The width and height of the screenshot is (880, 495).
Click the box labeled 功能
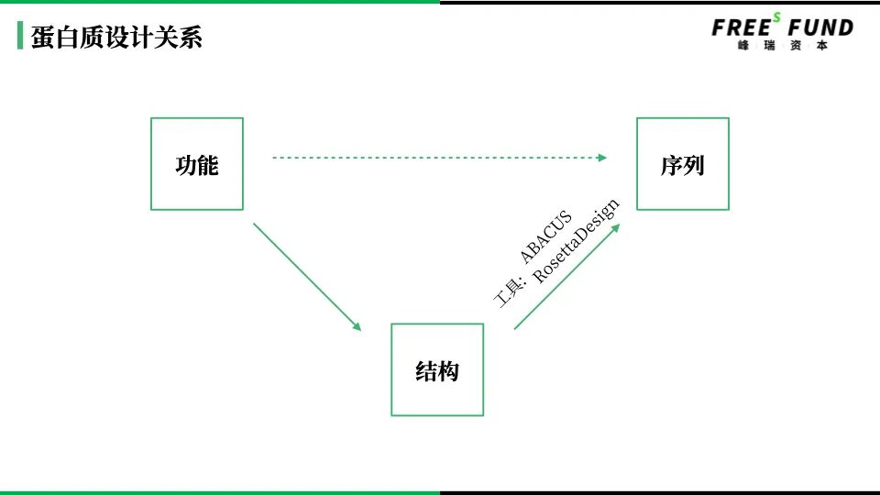pyautogui.click(x=197, y=164)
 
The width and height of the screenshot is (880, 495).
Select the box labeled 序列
pyautogui.click(x=683, y=164)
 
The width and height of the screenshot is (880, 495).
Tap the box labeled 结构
pyautogui.click(x=437, y=369)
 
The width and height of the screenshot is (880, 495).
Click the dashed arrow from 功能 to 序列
pyautogui.click(x=438, y=158)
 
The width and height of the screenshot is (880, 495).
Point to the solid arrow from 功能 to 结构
pyautogui.click(x=306, y=275)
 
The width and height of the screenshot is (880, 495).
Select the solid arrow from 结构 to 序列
pyautogui.click(x=566, y=277)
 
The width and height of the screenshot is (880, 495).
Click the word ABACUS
pyautogui.click(x=545, y=236)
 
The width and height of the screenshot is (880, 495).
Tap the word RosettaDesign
pyautogui.click(x=577, y=241)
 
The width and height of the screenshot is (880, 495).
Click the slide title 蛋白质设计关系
pyautogui.click(x=116, y=38)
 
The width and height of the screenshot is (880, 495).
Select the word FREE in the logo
pyautogui.click(x=741, y=28)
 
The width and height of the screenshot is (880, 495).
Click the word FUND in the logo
pyautogui.click(x=820, y=28)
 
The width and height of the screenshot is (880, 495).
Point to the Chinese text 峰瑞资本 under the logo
pyautogui.click(x=782, y=46)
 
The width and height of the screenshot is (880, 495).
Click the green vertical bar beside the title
pyautogui.click(x=20, y=37)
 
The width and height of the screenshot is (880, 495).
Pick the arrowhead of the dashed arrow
pyautogui.click(x=602, y=158)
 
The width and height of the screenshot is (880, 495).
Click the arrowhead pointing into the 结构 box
pyautogui.click(x=357, y=326)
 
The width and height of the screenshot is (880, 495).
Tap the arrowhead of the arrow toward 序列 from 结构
pyautogui.click(x=616, y=226)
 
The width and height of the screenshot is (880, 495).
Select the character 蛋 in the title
pyautogui.click(x=42, y=38)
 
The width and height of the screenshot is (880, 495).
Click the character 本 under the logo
pyautogui.click(x=821, y=46)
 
